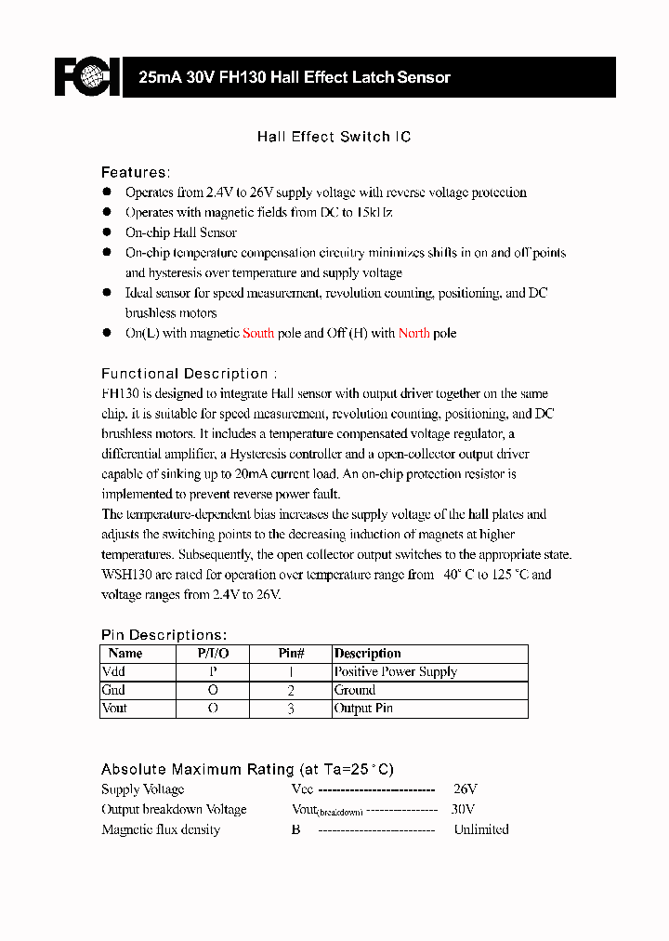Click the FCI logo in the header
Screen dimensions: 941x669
tap(87, 77)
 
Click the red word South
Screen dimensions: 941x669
tap(258, 333)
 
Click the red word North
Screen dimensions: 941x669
tap(414, 333)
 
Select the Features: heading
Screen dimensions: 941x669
tap(136, 172)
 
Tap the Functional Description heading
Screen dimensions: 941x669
tap(189, 373)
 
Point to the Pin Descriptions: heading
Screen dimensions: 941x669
tap(164, 634)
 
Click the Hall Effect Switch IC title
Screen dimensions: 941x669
tap(334, 137)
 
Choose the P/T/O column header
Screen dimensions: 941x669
tap(213, 654)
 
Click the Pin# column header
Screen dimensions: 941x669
tap(292, 654)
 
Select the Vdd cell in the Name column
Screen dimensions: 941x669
tap(113, 671)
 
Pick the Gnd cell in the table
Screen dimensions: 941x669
tap(113, 690)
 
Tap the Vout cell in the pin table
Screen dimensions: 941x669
tap(114, 709)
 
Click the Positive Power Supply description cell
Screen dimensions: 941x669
tap(396, 671)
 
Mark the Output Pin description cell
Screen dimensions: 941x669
tap(363, 709)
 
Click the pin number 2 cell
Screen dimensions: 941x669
tap(291, 690)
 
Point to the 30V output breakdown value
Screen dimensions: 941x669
tap(463, 809)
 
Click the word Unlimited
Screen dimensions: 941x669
tap(480, 829)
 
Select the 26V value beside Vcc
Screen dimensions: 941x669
tap(465, 789)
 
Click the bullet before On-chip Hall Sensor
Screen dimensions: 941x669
tap(107, 232)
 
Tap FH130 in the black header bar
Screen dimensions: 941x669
tap(243, 78)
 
